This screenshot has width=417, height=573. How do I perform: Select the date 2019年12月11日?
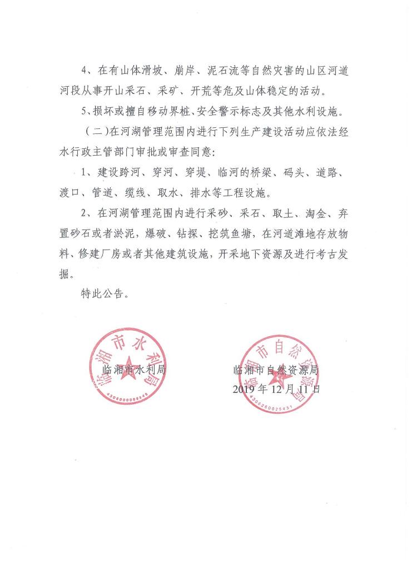click(276, 390)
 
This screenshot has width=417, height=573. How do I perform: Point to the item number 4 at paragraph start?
click(84, 71)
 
